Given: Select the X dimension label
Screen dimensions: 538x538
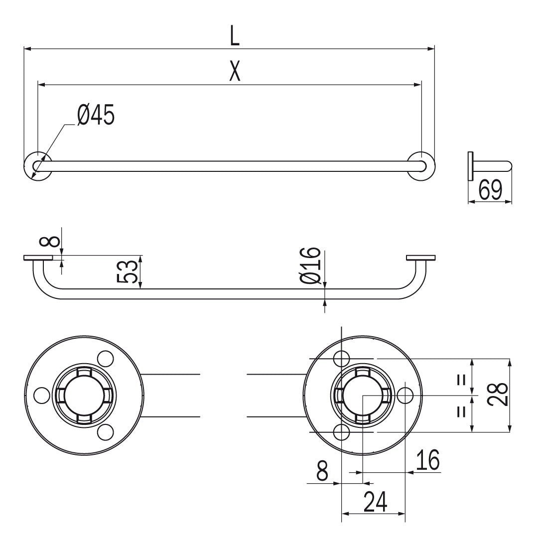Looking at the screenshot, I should pos(235,72).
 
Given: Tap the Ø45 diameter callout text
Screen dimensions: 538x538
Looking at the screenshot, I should pos(96,115).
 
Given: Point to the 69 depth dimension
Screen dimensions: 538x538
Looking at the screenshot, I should pos(490,190).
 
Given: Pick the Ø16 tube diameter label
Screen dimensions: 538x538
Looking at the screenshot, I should pos(310,266).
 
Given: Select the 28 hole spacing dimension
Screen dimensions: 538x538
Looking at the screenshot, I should pos(498,395).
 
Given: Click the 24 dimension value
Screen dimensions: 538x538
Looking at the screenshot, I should pos(375,502).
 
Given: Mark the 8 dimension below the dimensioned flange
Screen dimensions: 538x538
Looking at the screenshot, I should pos(323,471).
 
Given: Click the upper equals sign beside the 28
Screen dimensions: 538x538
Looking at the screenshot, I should pos(461,380).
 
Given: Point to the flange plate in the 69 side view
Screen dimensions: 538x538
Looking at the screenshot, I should pos(470,166).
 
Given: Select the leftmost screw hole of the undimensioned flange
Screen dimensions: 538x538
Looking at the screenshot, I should pos(42,396).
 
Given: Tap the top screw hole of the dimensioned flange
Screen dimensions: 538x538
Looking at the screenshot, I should pos(342,358).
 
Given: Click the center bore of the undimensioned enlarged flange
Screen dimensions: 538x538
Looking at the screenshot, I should pos(84,396).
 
